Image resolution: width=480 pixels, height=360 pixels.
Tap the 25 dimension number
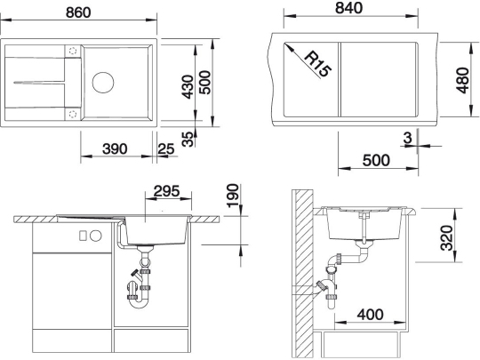tap(165, 148)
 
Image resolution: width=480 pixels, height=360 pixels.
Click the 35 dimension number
tap(186, 139)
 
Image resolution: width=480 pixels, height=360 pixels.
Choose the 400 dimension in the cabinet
tap(364, 314)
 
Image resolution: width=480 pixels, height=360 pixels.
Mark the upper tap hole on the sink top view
tap(71, 52)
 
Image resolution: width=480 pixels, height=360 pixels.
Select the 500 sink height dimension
tap(205, 85)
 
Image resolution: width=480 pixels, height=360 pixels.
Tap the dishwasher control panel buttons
tap(88, 236)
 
